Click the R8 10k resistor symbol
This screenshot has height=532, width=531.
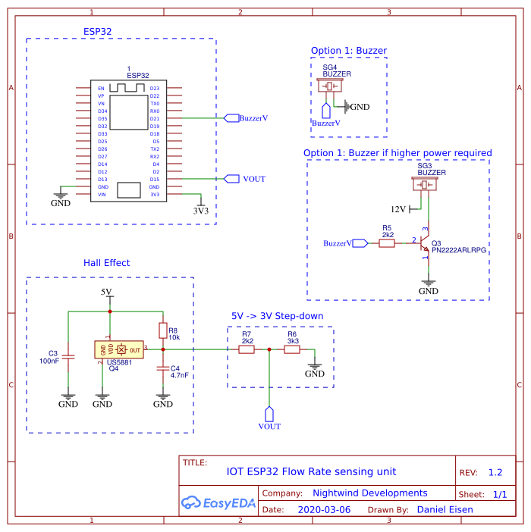pyautogui.click(x=162, y=330)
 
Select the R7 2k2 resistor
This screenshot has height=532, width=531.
pyautogui.click(x=247, y=349)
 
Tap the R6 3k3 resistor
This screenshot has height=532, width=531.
pyautogui.click(x=292, y=349)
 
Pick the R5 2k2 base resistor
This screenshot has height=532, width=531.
pyautogui.click(x=387, y=243)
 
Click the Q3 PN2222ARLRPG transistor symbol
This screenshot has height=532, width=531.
pyautogui.click(x=424, y=244)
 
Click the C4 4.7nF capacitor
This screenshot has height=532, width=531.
pyautogui.click(x=162, y=369)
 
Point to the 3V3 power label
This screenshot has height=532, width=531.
pyautogui.click(x=200, y=211)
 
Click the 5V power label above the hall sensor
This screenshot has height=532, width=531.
pyautogui.click(x=106, y=292)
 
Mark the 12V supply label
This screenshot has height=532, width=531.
pyautogui.click(x=398, y=208)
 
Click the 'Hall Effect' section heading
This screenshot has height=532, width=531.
pyautogui.click(x=106, y=263)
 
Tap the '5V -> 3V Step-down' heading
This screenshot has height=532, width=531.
pyautogui.click(x=277, y=316)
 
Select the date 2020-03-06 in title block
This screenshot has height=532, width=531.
pyautogui.click(x=324, y=509)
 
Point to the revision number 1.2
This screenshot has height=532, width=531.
pyautogui.click(x=495, y=472)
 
